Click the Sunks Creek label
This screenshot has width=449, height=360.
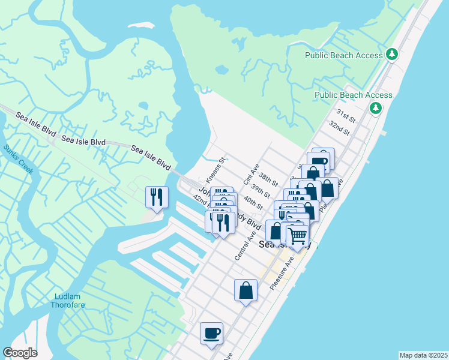19,159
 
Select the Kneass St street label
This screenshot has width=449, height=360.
215,170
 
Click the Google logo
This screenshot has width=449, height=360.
20,353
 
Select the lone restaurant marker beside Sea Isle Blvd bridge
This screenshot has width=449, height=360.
157,197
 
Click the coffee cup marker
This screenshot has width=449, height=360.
211,333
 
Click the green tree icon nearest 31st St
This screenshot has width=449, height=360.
376,108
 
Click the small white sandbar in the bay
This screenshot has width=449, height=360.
141,26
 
